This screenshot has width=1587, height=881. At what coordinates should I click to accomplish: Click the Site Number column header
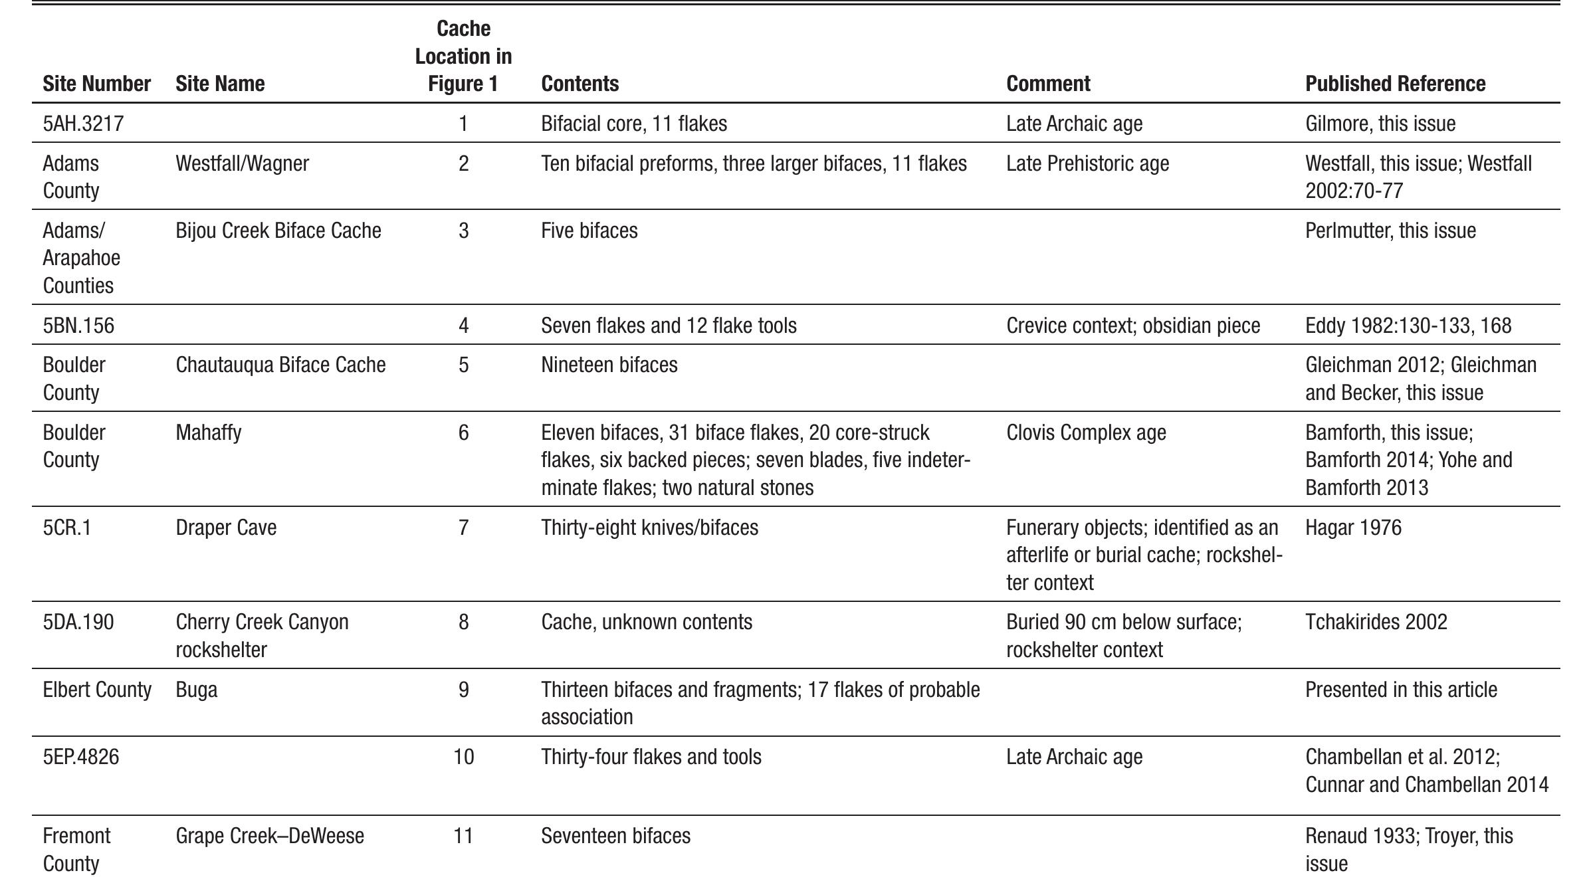pyautogui.click(x=96, y=84)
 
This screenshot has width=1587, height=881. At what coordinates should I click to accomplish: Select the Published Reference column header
pyautogui.click(x=1395, y=84)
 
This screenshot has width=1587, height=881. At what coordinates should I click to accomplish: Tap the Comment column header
pyautogui.click(x=1048, y=84)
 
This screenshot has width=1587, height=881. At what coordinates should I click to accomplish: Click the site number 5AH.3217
pyautogui.click(x=83, y=124)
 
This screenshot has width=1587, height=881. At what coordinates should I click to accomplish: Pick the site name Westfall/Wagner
pyautogui.click(x=242, y=163)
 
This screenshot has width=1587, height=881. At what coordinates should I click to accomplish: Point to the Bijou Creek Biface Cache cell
pyautogui.click(x=278, y=231)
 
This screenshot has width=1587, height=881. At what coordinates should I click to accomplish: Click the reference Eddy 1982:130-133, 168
pyautogui.click(x=1408, y=326)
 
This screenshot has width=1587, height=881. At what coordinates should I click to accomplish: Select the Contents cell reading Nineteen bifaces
pyautogui.click(x=609, y=365)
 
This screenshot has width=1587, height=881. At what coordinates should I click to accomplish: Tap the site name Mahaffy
pyautogui.click(x=208, y=433)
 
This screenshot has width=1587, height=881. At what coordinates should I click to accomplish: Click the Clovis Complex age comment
pyautogui.click(x=1085, y=433)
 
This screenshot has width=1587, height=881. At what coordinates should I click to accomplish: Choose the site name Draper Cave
pyautogui.click(x=226, y=528)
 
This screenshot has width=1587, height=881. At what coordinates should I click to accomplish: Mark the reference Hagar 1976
pyautogui.click(x=1353, y=528)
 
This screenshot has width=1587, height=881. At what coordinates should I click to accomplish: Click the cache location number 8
pyautogui.click(x=463, y=622)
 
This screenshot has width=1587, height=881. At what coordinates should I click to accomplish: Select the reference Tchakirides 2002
pyautogui.click(x=1376, y=622)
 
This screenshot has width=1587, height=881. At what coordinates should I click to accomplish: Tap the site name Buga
pyautogui.click(x=196, y=690)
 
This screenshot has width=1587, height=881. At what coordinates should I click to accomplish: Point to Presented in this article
pyautogui.click(x=1401, y=690)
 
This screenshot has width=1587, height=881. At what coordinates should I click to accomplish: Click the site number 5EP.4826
pyautogui.click(x=81, y=757)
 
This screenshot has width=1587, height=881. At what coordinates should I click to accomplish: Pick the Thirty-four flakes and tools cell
pyautogui.click(x=651, y=757)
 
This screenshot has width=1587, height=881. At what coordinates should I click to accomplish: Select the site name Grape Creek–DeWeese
pyautogui.click(x=269, y=835)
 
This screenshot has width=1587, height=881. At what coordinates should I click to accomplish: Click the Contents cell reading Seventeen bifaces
pyautogui.click(x=615, y=835)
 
